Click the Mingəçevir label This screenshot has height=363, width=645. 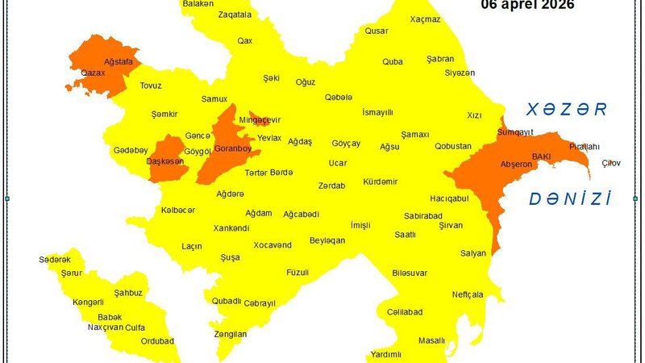point(260,120)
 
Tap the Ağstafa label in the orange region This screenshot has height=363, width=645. point(119,61)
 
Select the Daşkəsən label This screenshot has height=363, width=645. point(165,162)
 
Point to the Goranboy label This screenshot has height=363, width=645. point(233,149)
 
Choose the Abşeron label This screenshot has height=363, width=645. point(517,165)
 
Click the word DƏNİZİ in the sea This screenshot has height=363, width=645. point(569,199)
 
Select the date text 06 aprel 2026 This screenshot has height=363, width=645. point(527,5)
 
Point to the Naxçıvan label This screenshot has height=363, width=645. point(105,328)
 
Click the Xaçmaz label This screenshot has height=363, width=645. point(425,42)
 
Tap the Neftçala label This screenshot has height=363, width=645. point(468,294)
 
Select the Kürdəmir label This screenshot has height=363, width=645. point(381,181)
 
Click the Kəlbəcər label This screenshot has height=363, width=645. point(178,210)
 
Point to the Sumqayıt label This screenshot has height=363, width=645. point(516,131)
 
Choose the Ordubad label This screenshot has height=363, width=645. point(157,340)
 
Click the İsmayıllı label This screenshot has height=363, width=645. point(378,112)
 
